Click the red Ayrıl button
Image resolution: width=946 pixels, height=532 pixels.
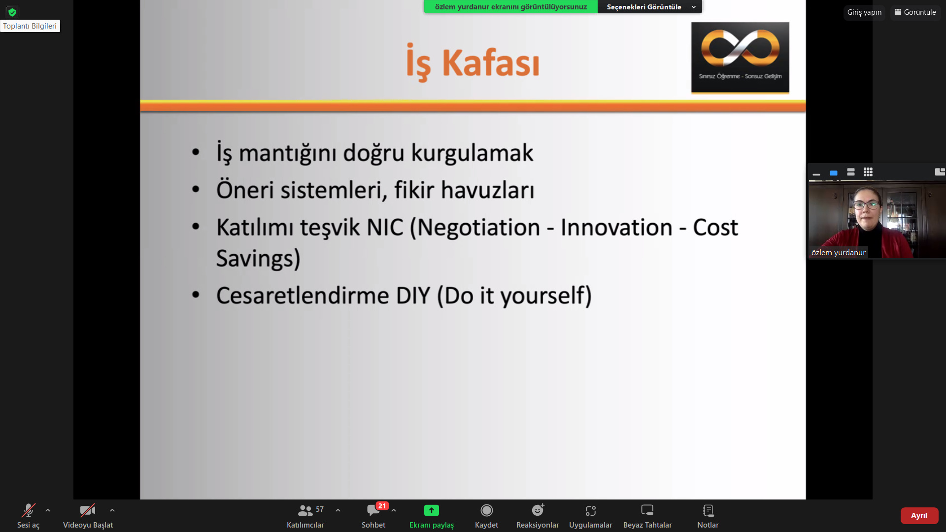(919, 515)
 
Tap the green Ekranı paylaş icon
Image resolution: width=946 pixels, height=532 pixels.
(431, 510)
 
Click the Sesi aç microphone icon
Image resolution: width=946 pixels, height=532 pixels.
(28, 510)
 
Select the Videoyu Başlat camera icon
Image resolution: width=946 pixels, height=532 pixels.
(87, 510)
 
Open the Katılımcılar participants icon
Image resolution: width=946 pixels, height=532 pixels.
(305, 510)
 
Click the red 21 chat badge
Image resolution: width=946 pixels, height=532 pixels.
(382, 506)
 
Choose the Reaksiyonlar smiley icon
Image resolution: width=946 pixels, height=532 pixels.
(538, 510)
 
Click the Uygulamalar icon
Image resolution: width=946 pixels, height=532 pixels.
(590, 510)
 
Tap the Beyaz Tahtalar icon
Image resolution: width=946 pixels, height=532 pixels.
(647, 510)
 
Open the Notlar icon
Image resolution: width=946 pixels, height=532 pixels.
(708, 510)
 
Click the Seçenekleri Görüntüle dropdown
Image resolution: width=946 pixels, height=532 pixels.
(650, 7)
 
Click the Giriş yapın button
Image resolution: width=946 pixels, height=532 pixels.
(864, 12)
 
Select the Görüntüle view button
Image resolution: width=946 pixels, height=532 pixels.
(915, 12)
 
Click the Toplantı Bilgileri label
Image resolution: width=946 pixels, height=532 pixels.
(30, 26)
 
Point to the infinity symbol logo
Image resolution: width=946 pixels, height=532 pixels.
(740, 48)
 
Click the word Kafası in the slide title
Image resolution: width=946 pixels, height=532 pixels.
(490, 63)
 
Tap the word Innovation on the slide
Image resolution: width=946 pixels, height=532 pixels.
(616, 228)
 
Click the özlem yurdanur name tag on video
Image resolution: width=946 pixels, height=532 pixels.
(838, 253)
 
